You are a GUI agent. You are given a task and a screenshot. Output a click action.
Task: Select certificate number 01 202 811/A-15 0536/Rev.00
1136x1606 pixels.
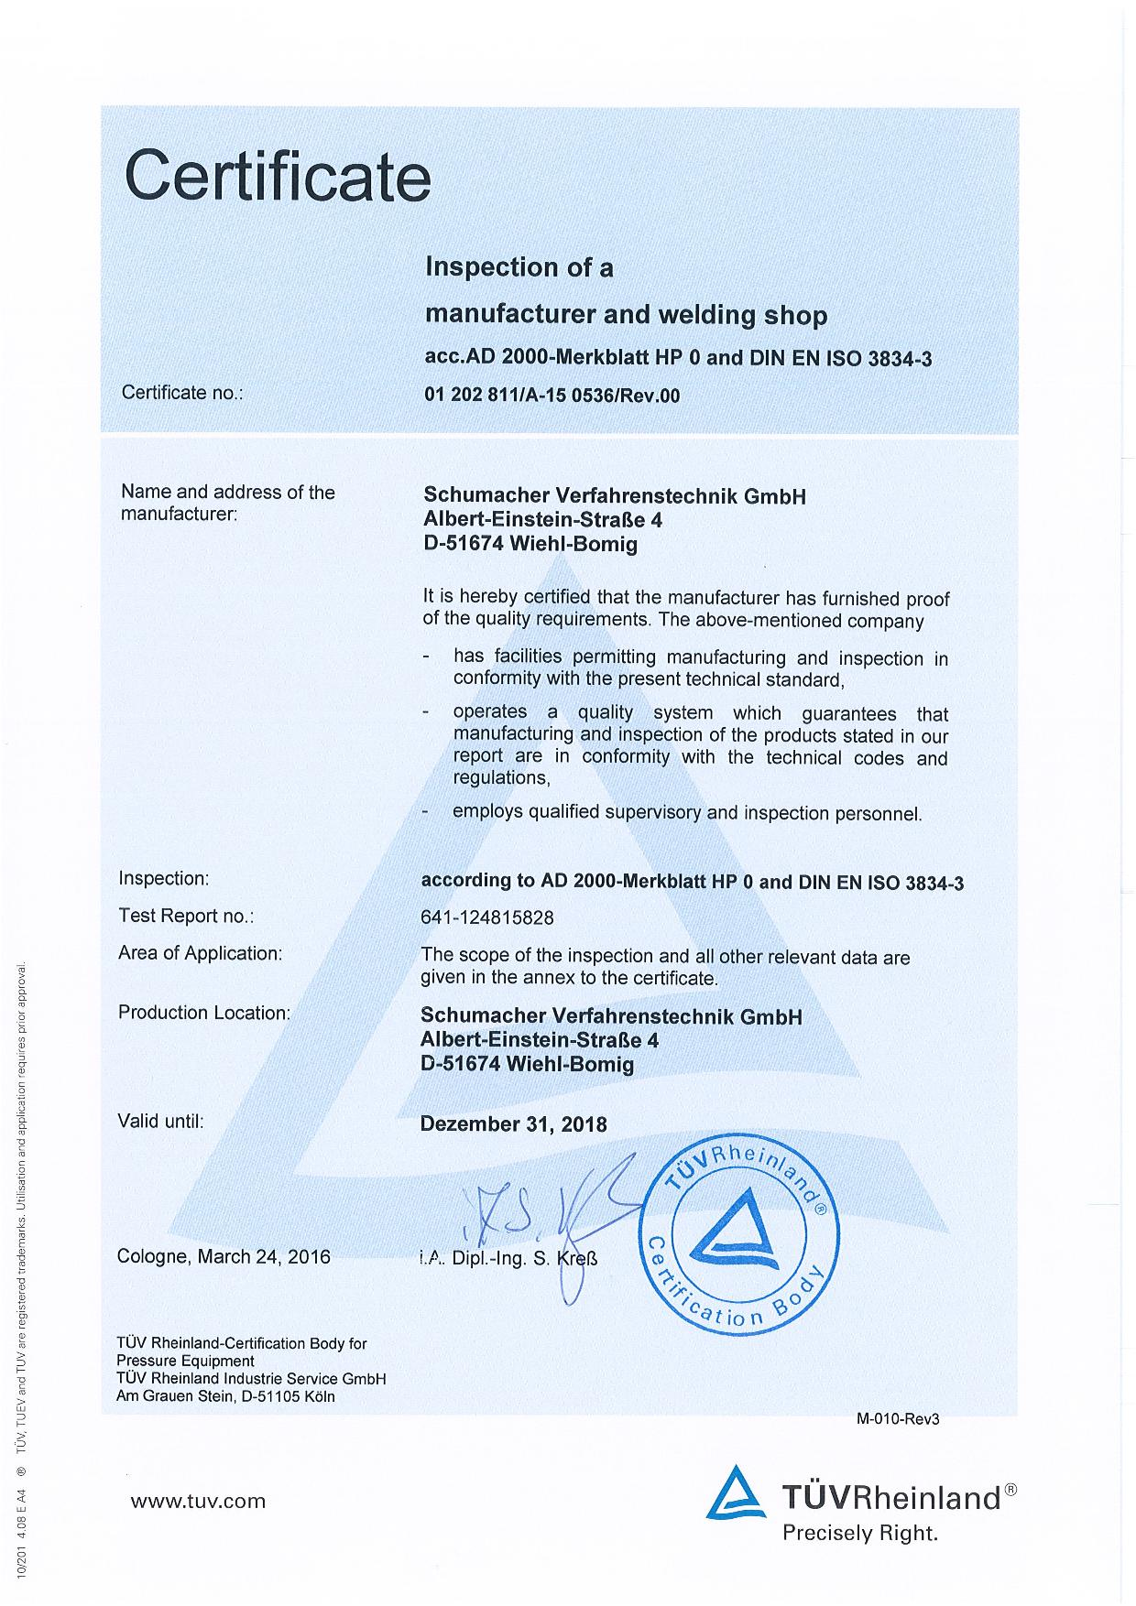point(552,396)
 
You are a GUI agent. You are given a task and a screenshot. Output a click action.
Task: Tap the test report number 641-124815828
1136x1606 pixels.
point(487,917)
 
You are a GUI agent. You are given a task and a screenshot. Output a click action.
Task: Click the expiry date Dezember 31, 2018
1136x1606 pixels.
point(513,1123)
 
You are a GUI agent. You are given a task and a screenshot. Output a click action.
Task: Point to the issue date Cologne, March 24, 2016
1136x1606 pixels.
point(224,1256)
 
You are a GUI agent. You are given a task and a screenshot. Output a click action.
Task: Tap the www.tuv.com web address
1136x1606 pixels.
point(198,1501)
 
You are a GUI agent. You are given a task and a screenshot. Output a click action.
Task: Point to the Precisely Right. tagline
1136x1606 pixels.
point(859,1533)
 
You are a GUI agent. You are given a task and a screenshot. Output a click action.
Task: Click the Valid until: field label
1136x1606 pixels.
point(161,1121)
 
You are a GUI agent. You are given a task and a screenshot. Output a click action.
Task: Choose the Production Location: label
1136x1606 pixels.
point(203,1013)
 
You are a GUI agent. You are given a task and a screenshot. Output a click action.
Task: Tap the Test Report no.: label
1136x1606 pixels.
point(186,916)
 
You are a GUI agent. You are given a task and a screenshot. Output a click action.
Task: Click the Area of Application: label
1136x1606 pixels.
point(200,953)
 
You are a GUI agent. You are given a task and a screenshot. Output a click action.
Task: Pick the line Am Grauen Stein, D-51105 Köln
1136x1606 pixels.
point(225,1396)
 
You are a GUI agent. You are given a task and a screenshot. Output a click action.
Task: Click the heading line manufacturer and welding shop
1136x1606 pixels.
point(626,315)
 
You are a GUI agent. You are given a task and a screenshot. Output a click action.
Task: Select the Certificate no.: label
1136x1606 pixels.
point(182,393)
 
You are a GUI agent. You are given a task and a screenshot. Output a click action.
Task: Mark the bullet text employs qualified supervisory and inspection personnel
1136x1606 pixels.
point(687,812)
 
